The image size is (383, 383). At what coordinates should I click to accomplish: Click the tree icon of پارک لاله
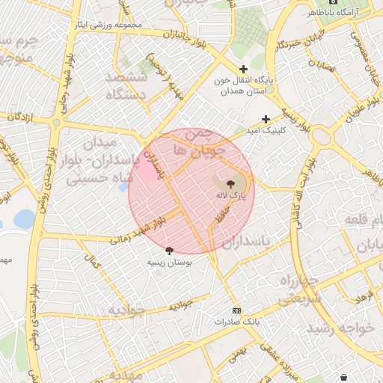[229, 183]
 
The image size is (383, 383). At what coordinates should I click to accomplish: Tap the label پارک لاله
[229, 196]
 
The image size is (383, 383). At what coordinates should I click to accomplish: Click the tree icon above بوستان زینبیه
[169, 251]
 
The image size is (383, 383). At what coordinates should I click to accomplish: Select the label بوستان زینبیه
[169, 263]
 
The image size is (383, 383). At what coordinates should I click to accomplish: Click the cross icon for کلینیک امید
[266, 119]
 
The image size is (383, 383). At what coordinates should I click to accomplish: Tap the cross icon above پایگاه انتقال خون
[243, 68]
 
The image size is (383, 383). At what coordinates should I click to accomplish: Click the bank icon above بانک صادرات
[237, 310]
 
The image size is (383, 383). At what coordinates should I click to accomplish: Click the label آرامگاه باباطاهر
[341, 13]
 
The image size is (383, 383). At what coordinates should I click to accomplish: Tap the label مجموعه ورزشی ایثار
[108, 25]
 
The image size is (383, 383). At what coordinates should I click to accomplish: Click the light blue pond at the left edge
[24, 219]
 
